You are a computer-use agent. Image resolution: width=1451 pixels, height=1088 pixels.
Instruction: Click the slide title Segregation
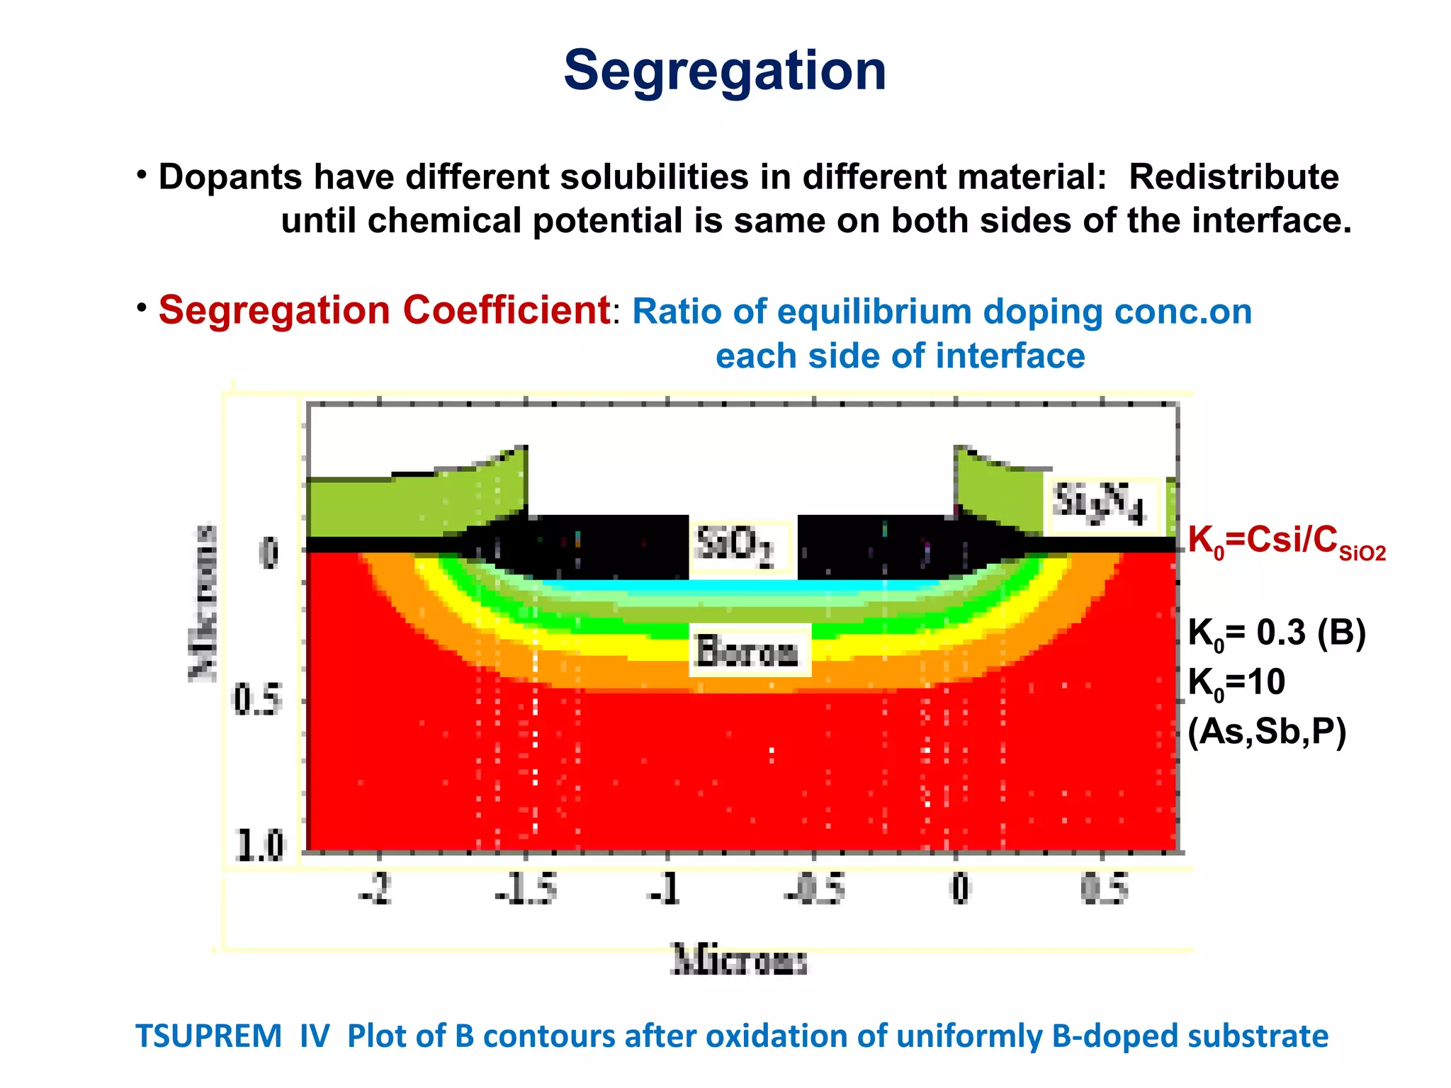coord(725,71)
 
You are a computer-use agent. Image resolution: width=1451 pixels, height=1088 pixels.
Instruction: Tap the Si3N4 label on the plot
coord(1100,504)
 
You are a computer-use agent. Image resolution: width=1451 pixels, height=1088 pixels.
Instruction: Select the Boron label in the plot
coord(748,651)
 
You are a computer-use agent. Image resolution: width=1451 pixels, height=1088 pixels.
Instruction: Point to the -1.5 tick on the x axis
coord(526,888)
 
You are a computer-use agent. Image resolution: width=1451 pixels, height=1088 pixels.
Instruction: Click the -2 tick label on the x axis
coord(376,888)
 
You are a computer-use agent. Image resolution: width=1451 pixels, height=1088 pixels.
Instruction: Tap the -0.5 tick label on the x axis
coord(815,888)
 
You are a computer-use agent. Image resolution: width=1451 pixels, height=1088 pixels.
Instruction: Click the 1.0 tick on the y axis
coord(260,845)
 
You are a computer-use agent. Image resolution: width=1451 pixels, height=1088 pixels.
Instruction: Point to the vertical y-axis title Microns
coord(204,603)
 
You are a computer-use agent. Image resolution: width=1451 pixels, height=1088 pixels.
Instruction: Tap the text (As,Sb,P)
coord(1267,732)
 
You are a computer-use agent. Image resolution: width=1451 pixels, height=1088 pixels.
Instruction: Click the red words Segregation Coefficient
coord(384,310)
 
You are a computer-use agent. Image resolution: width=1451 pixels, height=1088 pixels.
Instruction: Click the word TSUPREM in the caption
coord(208,1036)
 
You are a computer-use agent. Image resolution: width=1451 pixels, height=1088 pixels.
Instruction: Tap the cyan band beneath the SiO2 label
coord(741,586)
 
